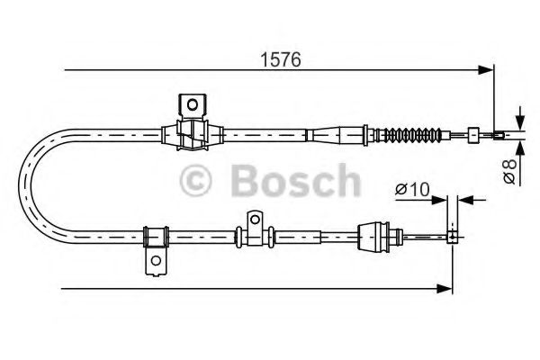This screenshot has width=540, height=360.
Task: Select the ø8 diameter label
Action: click(509, 169)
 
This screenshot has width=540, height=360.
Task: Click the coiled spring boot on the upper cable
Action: click(413, 137)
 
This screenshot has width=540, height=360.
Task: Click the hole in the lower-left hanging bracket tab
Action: click(157, 263)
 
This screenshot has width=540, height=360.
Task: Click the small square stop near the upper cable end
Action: click(472, 136)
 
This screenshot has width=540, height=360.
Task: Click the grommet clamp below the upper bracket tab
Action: click(191, 135)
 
